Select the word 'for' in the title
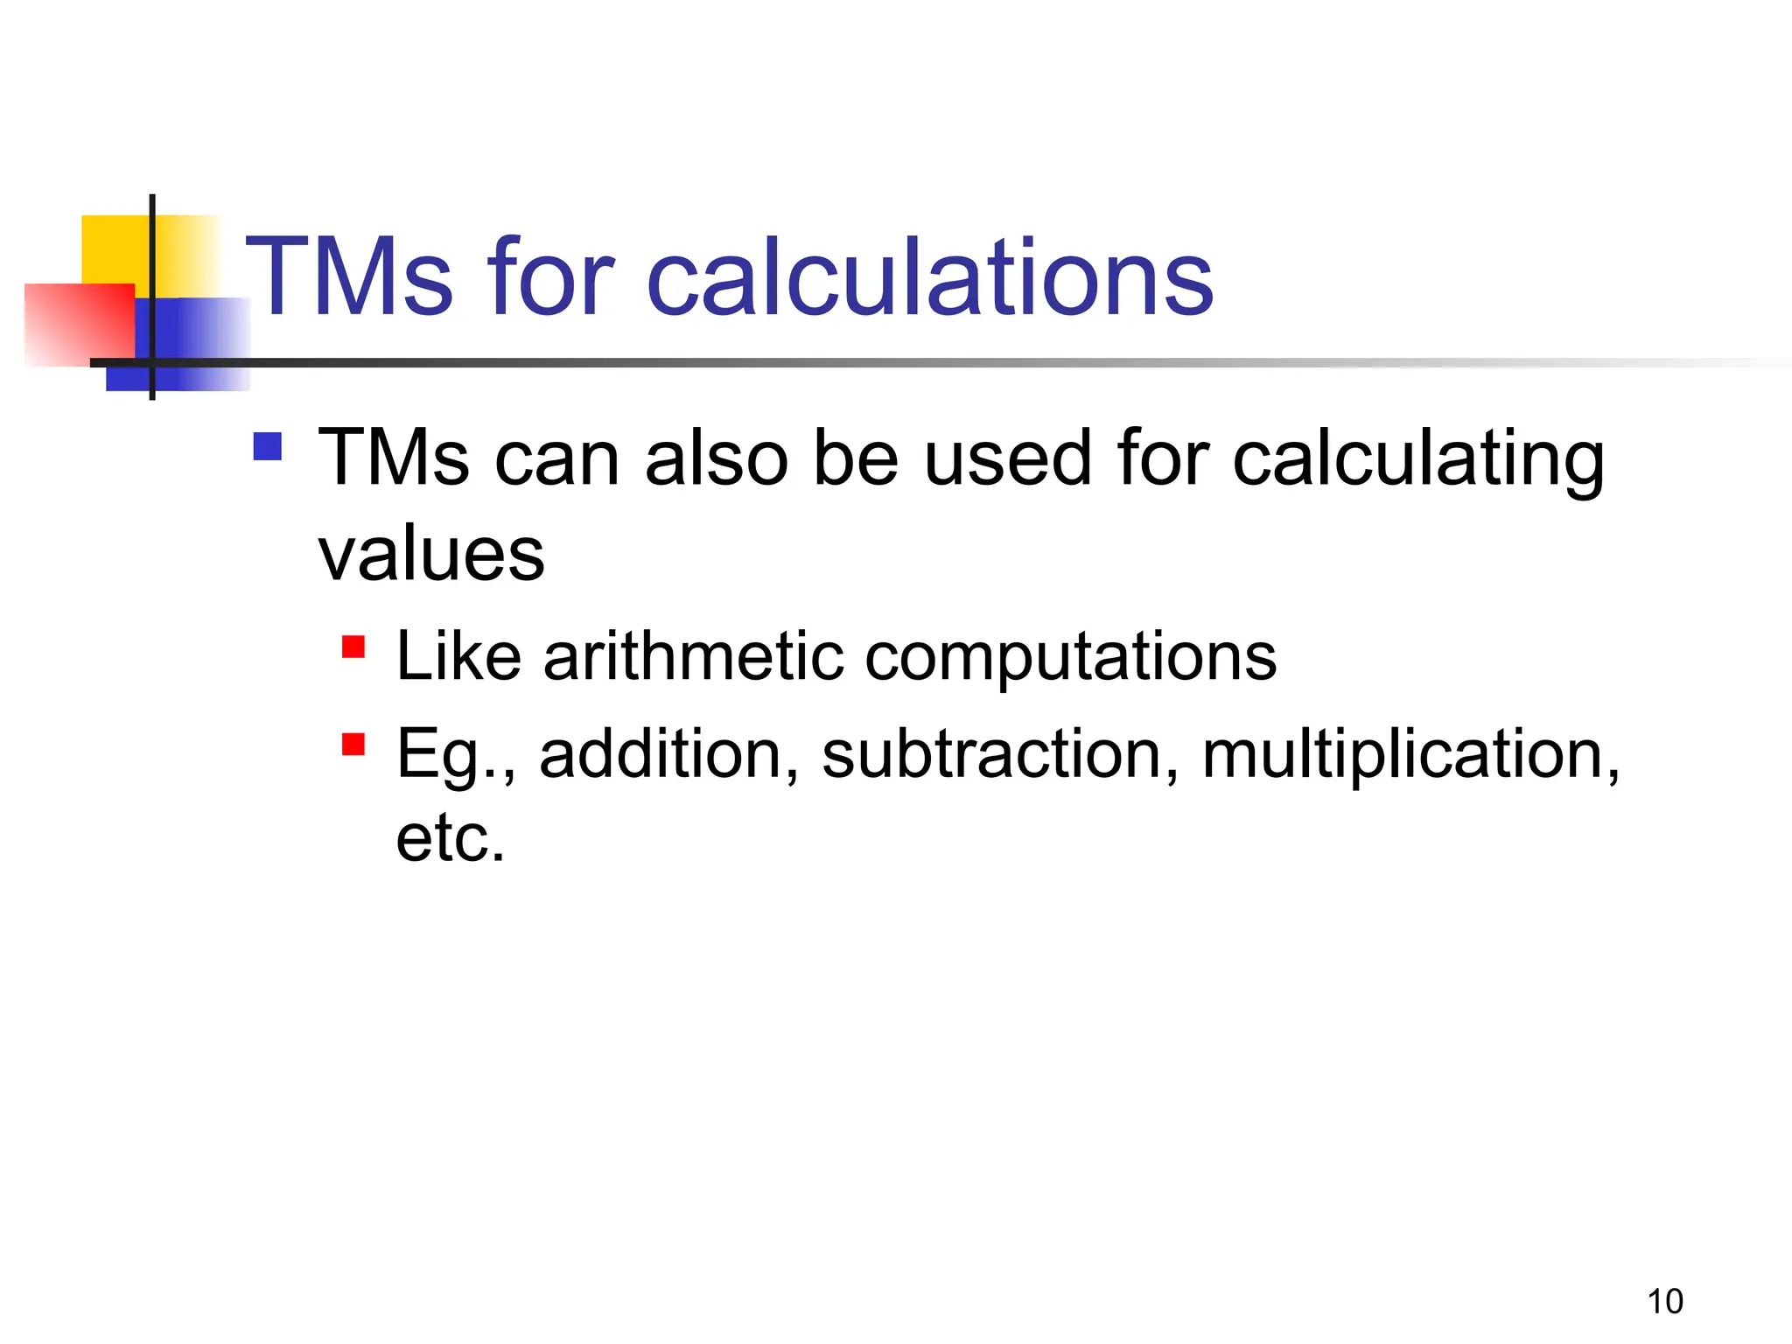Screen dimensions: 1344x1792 [551, 278]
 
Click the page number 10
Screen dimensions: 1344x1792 [1665, 1302]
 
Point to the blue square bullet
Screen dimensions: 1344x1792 [268, 446]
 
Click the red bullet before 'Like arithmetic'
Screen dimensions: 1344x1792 [353, 647]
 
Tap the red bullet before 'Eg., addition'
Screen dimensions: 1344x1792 [353, 744]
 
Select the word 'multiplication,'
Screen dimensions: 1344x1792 [1410, 753]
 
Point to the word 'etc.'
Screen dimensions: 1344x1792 [451, 838]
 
